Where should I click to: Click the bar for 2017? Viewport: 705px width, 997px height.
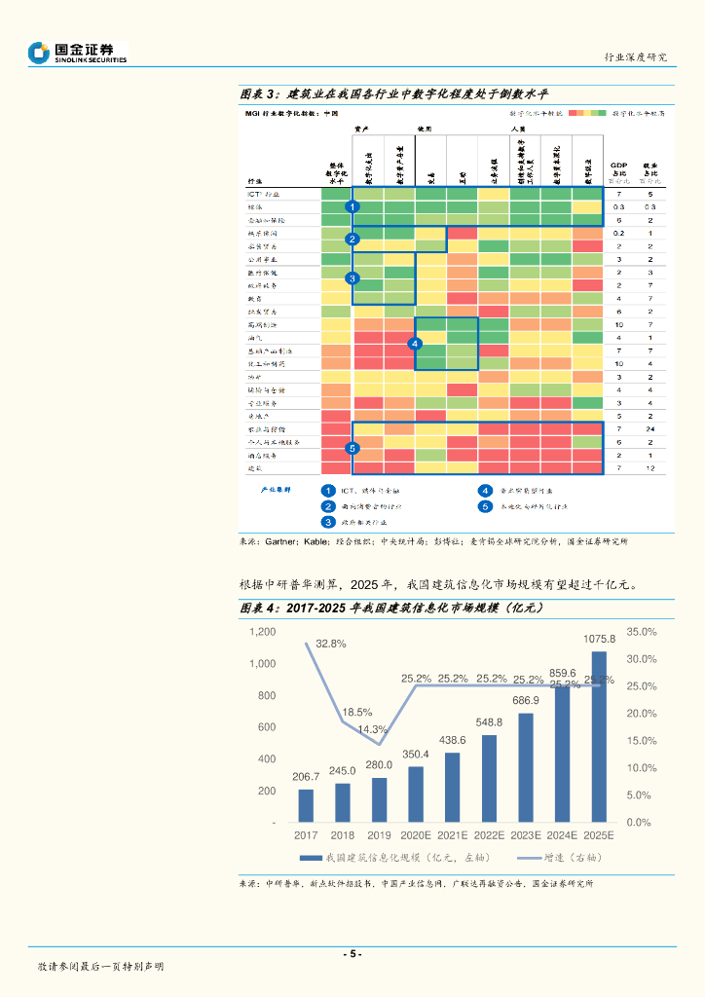click(306, 805)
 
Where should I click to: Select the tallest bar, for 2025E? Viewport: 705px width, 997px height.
click(599, 737)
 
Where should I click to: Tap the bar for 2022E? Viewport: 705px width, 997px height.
click(489, 779)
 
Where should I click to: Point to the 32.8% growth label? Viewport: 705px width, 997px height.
click(331, 644)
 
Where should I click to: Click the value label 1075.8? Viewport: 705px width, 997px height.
click(599, 639)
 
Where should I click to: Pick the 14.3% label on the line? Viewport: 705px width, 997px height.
click(373, 729)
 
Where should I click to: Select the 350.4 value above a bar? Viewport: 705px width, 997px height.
click(416, 754)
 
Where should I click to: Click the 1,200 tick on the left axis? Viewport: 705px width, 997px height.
click(263, 632)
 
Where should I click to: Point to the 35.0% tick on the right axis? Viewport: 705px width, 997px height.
click(639, 632)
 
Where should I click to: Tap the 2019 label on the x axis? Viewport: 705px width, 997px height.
click(379, 835)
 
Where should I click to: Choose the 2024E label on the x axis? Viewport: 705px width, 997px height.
click(563, 835)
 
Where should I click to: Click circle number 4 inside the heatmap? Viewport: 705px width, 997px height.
click(415, 344)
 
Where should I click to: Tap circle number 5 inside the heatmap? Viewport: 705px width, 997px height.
click(352, 448)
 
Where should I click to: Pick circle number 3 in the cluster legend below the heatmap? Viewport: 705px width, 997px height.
click(329, 522)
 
